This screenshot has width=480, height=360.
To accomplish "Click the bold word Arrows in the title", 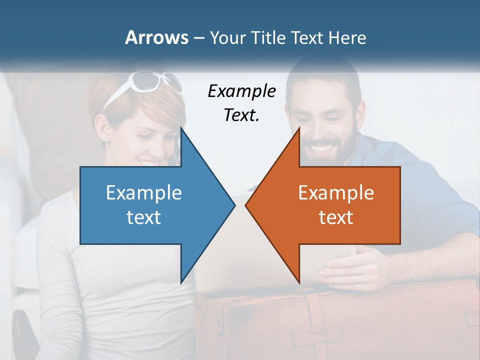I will coord(156,37).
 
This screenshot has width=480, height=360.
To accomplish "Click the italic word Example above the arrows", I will coord(241,91).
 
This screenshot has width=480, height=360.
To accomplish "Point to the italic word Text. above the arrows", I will coord(241,115).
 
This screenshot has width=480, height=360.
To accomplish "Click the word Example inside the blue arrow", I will coord(144,193).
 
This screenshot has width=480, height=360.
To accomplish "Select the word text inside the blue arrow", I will coord(144,217).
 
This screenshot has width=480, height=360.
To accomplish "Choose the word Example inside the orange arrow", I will coord(336,193).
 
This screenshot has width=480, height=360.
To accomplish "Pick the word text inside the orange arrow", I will coord(336,217).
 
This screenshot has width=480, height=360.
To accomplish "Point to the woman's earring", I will coord(106,141).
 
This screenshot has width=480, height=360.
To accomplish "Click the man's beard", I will coord(345,145).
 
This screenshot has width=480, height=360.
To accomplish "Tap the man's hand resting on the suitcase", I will coord(350,267).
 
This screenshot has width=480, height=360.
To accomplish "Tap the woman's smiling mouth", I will coord(149,162).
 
